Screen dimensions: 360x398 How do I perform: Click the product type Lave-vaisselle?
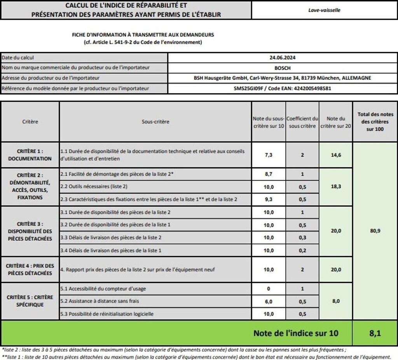point(324,10)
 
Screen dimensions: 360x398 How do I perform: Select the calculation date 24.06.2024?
point(283,58)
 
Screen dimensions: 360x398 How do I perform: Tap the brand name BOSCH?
point(283,68)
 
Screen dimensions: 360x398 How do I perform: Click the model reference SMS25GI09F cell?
point(283,88)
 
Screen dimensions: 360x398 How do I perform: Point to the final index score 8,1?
point(375,333)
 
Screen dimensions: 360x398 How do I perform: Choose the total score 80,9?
point(375,231)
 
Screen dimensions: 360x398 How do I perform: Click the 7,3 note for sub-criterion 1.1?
point(269,155)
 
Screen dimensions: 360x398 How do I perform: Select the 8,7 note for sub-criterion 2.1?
point(269,174)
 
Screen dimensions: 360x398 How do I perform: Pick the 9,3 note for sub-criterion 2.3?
point(269,199)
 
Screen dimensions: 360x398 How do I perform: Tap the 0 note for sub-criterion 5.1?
point(269,289)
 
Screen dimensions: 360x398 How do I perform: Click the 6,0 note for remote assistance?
point(269,301)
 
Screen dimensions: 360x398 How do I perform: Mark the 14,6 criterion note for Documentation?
point(335,155)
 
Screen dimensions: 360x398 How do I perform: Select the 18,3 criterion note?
point(335,187)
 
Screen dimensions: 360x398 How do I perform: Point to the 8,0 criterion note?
point(335,301)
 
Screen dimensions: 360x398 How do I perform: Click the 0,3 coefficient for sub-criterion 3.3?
point(302,238)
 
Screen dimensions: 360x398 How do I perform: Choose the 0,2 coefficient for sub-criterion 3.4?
point(302,250)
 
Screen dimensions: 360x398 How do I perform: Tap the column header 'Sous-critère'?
point(155,122)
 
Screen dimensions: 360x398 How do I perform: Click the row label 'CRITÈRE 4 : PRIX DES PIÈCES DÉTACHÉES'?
point(30,269)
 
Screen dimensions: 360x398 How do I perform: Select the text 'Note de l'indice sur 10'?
point(296,333)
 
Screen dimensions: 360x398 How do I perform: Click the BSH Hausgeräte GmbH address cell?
point(283,78)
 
